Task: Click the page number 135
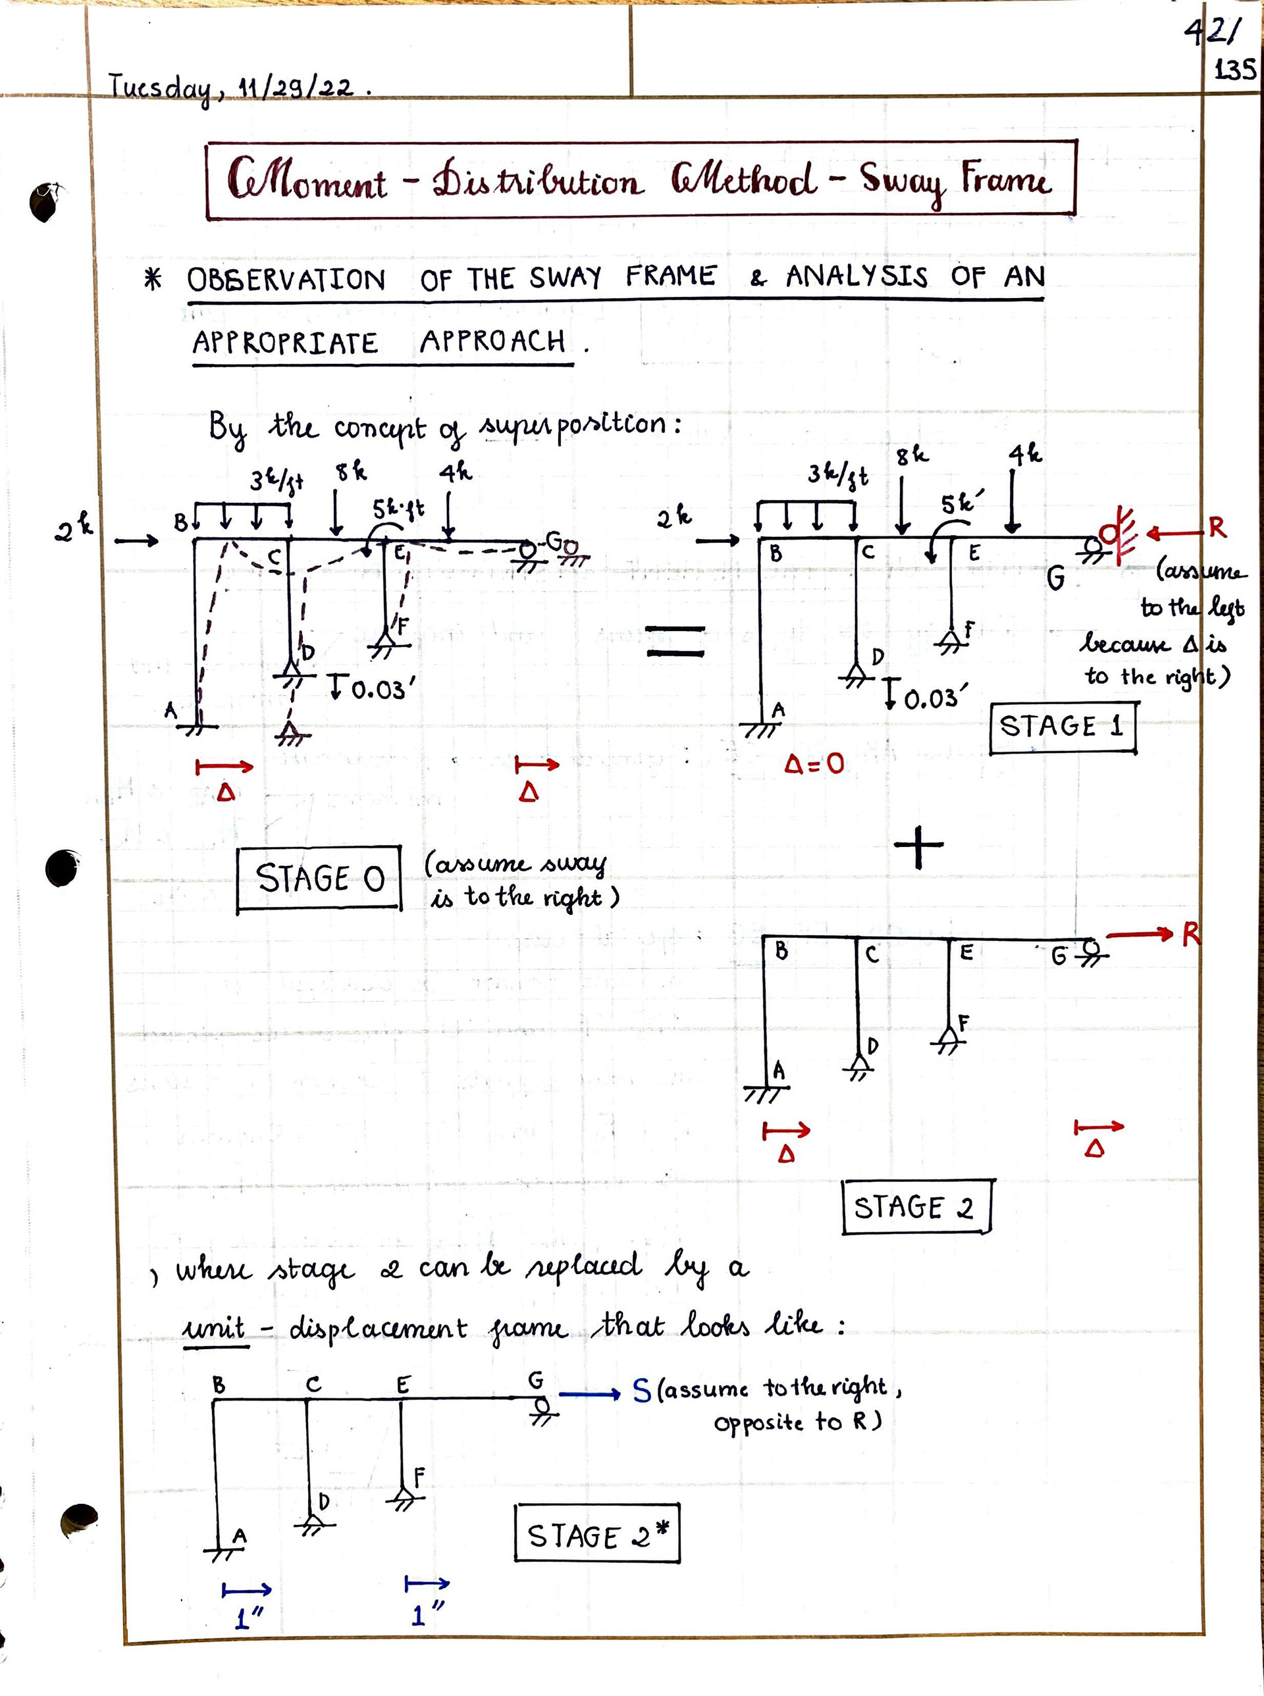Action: click(x=1234, y=70)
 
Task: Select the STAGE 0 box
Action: click(x=319, y=878)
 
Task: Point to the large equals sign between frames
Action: click(x=675, y=641)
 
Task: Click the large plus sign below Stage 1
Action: click(x=918, y=848)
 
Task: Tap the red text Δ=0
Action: click(x=814, y=763)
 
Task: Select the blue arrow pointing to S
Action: click(x=589, y=1394)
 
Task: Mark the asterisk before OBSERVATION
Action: click(x=153, y=280)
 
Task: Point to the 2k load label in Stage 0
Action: click(x=74, y=527)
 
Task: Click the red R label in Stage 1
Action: click(x=1217, y=528)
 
